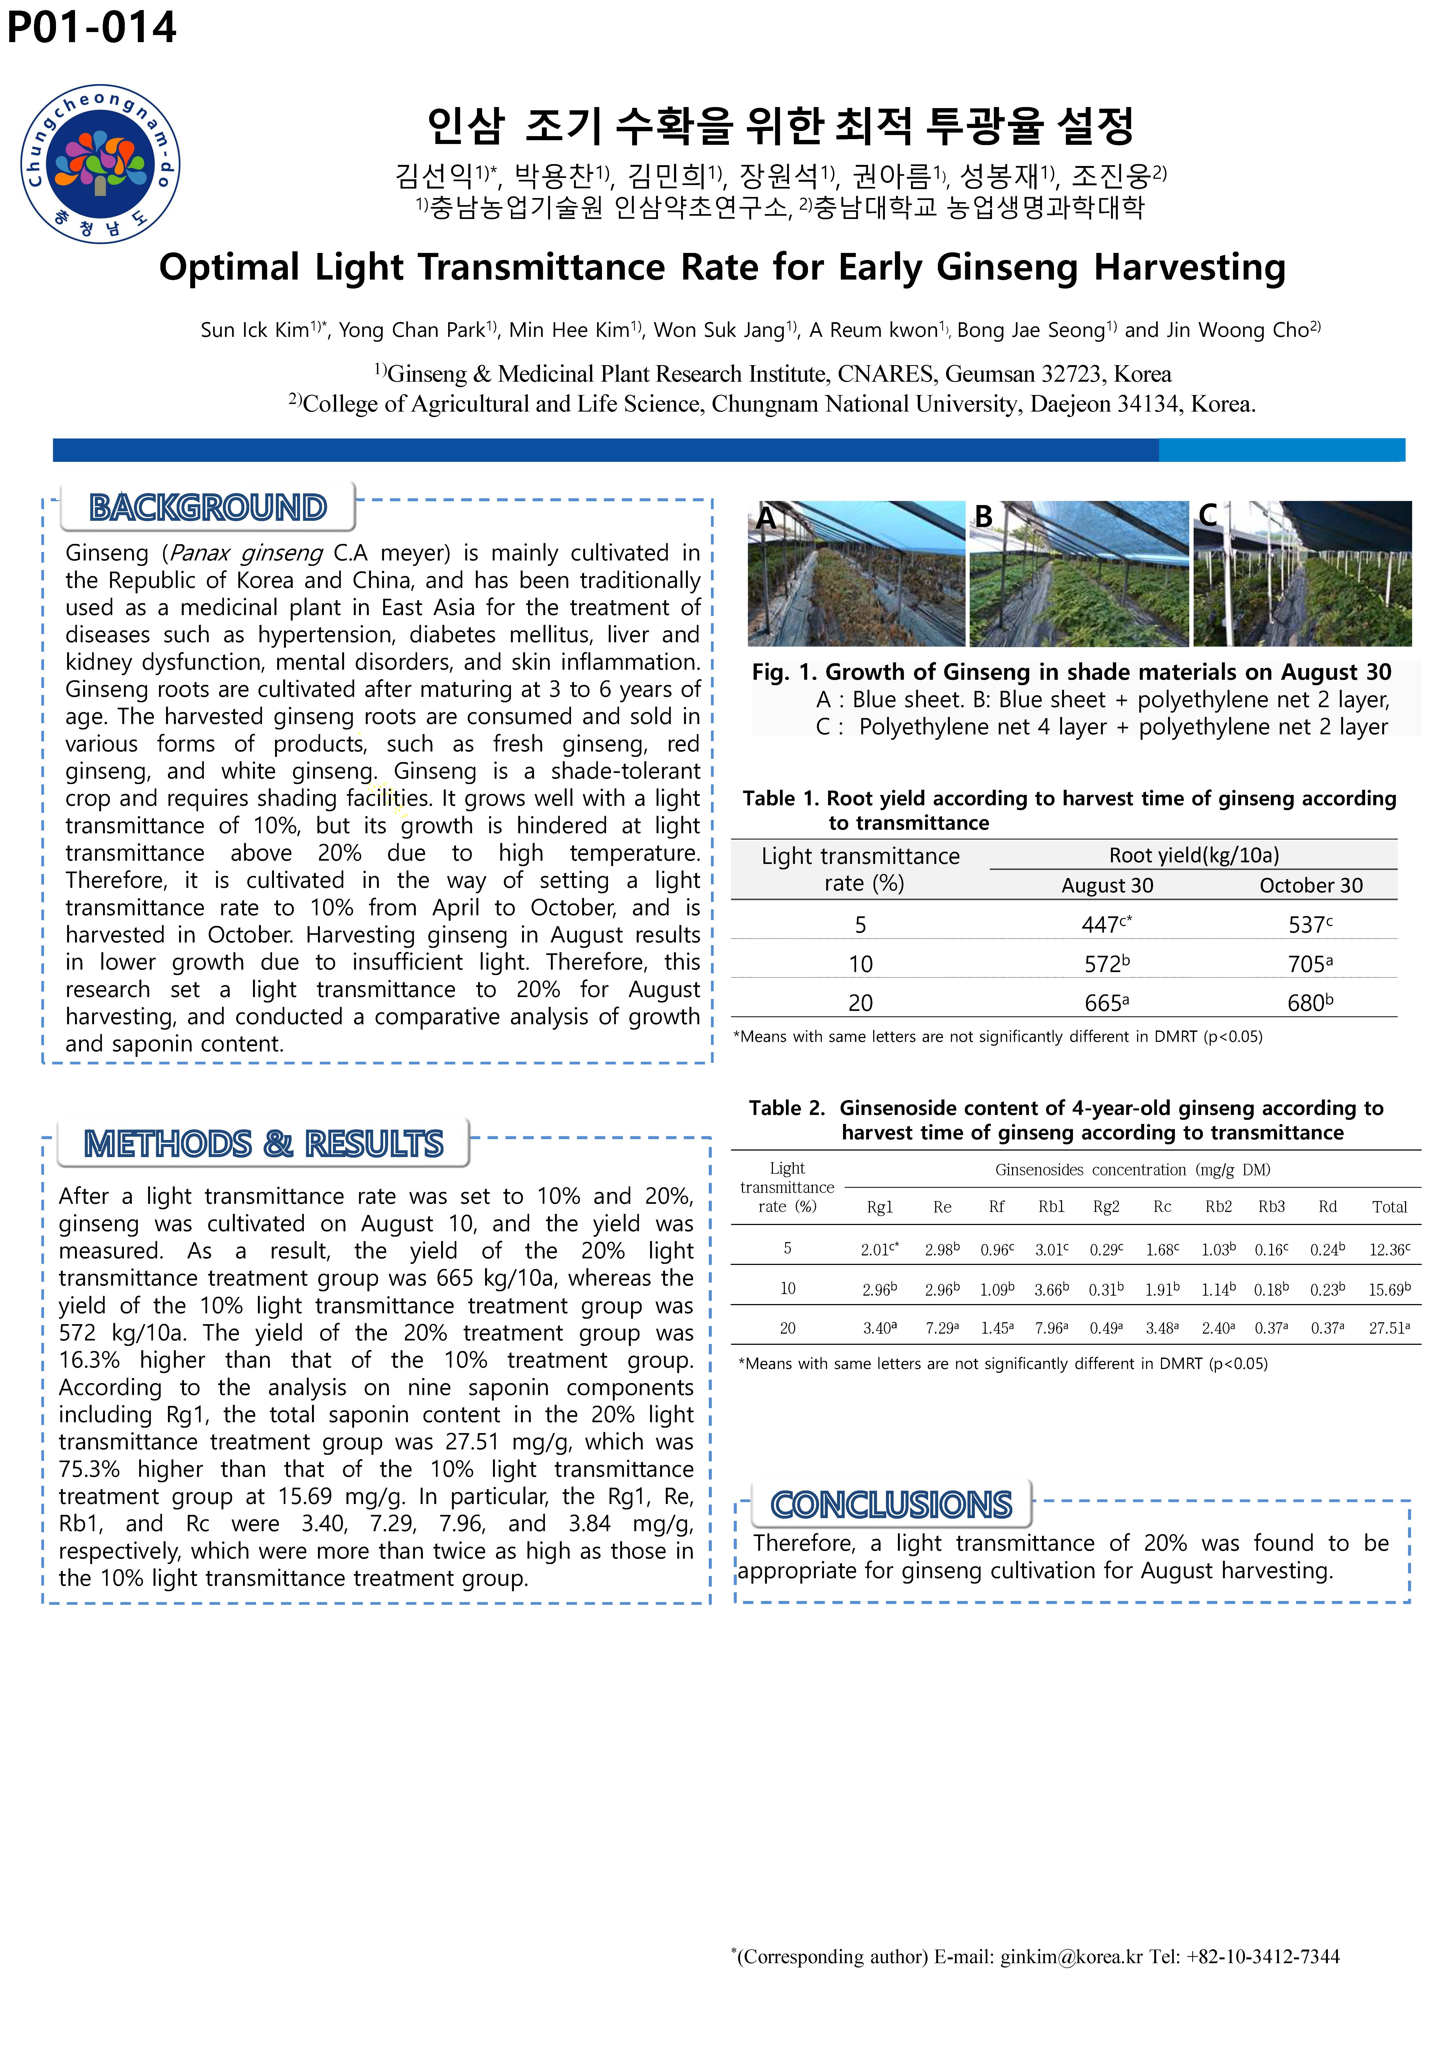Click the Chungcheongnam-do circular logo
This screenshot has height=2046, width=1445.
(100, 164)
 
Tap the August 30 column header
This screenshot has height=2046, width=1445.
(1107, 886)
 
